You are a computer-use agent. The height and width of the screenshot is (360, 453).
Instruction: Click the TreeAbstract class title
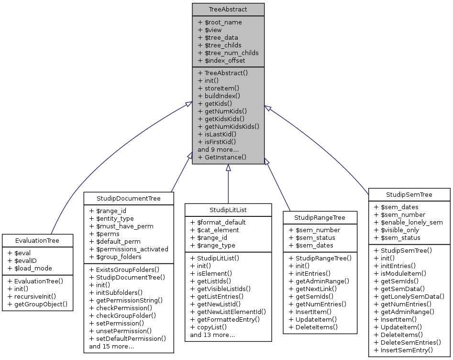[x=228, y=9]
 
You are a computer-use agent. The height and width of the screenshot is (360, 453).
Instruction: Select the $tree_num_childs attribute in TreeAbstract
[x=228, y=53]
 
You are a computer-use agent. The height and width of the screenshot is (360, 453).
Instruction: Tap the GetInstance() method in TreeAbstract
[x=222, y=157]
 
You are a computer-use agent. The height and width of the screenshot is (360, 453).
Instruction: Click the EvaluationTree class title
[x=37, y=240]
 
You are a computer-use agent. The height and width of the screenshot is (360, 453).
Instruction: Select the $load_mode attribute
[x=30, y=268]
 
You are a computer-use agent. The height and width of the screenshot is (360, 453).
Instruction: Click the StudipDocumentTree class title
[x=129, y=198]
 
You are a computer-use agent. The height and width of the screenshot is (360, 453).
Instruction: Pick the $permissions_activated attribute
[x=129, y=249]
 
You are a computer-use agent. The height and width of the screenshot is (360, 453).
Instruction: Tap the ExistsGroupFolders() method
[x=124, y=270]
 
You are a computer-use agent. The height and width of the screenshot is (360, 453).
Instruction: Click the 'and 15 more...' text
[x=111, y=346]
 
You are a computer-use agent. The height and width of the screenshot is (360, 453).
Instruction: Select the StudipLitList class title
[x=228, y=210]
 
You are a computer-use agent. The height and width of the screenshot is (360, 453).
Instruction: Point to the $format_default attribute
[x=218, y=222]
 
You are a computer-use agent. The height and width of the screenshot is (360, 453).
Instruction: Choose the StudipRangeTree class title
[x=320, y=217]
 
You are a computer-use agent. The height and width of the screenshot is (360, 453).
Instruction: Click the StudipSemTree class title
[x=409, y=194]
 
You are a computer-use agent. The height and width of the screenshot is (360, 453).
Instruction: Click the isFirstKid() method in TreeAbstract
[x=217, y=142]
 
